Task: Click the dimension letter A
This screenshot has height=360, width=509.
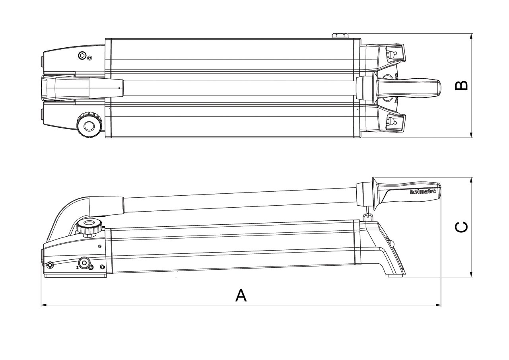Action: click(x=241, y=295)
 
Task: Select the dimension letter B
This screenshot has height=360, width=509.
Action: click(x=462, y=86)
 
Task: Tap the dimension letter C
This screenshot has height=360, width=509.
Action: click(x=462, y=227)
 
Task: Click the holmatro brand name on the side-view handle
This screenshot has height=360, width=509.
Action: click(x=423, y=191)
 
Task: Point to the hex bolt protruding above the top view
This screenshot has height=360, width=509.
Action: click(x=340, y=36)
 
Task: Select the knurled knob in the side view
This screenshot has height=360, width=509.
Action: click(x=89, y=228)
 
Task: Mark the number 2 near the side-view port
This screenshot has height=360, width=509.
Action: click(x=78, y=268)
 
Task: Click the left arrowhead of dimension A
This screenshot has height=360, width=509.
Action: click(x=44, y=305)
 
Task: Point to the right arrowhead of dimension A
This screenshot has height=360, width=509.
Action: click(x=438, y=305)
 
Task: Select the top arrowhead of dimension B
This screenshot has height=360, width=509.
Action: click(x=471, y=36)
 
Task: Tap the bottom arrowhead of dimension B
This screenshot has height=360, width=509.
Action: click(x=471, y=135)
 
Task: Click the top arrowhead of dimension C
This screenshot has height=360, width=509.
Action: click(x=471, y=180)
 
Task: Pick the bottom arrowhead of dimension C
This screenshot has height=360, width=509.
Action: click(x=471, y=274)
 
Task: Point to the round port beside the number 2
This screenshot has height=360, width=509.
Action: click(x=85, y=262)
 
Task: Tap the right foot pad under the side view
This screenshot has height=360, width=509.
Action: click(x=395, y=275)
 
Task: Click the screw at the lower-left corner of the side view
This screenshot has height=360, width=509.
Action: click(x=50, y=265)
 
